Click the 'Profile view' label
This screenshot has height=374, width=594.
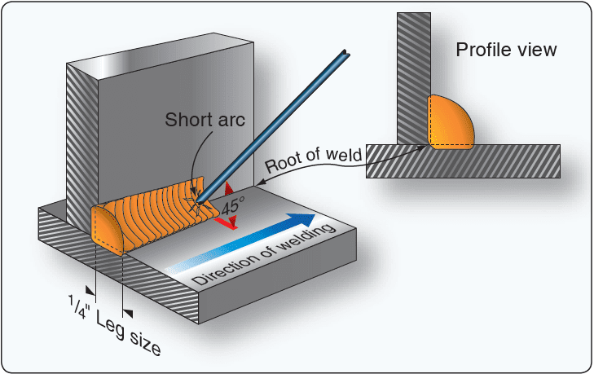[x=506, y=51]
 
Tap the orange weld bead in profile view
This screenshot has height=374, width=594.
[x=451, y=123]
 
